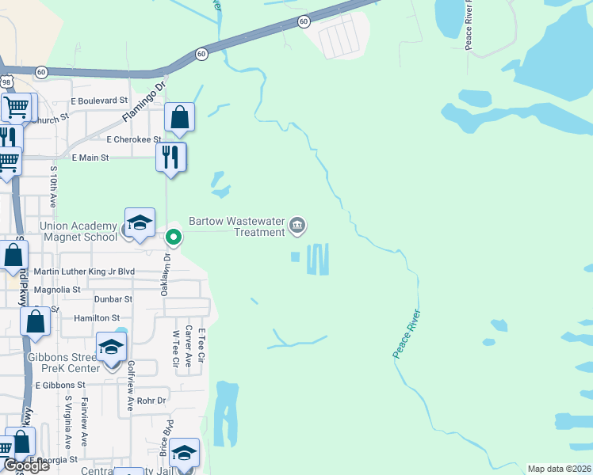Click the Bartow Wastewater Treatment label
[235, 226]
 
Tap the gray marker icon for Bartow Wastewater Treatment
[297, 226]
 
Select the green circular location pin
[173, 236]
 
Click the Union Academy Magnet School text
[78, 232]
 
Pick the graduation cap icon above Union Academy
[140, 222]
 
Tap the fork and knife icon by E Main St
[171, 156]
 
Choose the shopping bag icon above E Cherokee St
[180, 117]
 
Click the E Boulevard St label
[99, 101]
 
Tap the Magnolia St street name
[55, 290]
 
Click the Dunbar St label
[113, 299]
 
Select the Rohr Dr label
[150, 401]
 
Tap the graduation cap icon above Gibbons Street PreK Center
[111, 347]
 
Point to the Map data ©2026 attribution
[560, 469]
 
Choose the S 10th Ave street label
[54, 188]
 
